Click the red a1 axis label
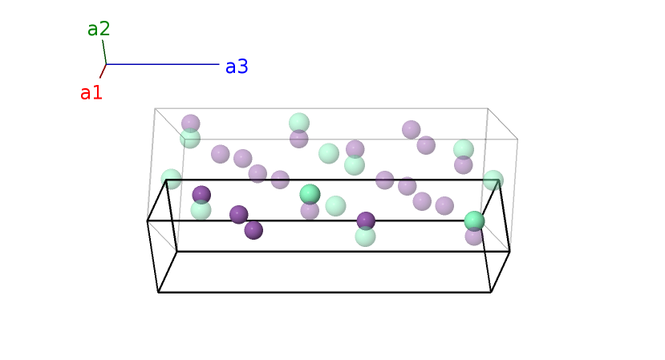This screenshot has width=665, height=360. (91, 93)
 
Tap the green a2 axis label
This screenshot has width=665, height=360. (99, 29)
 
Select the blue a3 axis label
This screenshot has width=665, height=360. (237, 67)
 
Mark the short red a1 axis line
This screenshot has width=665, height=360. (103, 71)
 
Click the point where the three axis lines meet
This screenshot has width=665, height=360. (106, 64)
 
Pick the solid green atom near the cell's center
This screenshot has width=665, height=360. (310, 194)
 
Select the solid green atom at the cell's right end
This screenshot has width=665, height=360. (474, 220)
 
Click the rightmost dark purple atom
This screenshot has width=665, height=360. (366, 220)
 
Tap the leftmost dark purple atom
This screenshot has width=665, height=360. (201, 194)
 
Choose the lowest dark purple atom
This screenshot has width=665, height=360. (253, 230)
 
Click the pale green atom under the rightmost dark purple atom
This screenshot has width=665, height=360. (365, 237)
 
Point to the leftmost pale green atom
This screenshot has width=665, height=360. (171, 179)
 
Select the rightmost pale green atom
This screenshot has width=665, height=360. (493, 180)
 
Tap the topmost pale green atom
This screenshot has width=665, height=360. (299, 123)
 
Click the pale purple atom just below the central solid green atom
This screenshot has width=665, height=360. (310, 211)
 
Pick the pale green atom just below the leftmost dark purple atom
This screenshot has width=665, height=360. (201, 210)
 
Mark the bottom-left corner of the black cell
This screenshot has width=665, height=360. (158, 292)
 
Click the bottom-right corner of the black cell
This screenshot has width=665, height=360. (491, 292)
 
